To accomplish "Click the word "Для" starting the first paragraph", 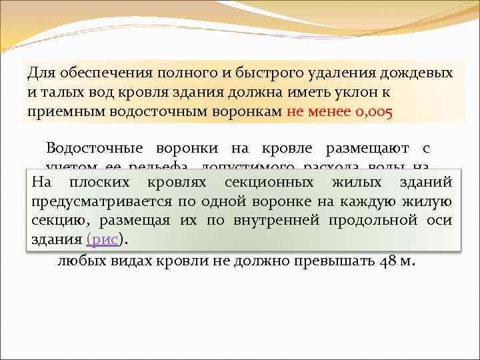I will pos(41,73).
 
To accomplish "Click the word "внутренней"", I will pos(275,221).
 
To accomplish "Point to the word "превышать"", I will pos(333,261).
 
